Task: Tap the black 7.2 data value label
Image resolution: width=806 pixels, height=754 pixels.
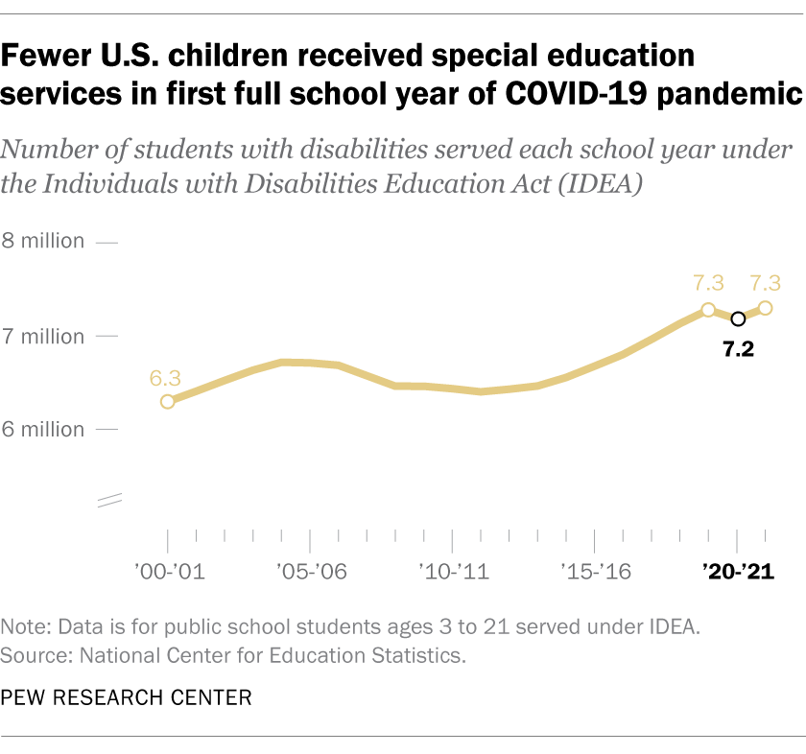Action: tap(738, 349)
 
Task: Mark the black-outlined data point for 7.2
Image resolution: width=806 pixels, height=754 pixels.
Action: tap(737, 318)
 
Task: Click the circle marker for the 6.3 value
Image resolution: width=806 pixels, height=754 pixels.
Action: tap(168, 401)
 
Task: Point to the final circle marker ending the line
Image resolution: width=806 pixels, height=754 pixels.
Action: tap(766, 308)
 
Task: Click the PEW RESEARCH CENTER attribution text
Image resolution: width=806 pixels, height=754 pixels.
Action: tap(127, 698)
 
